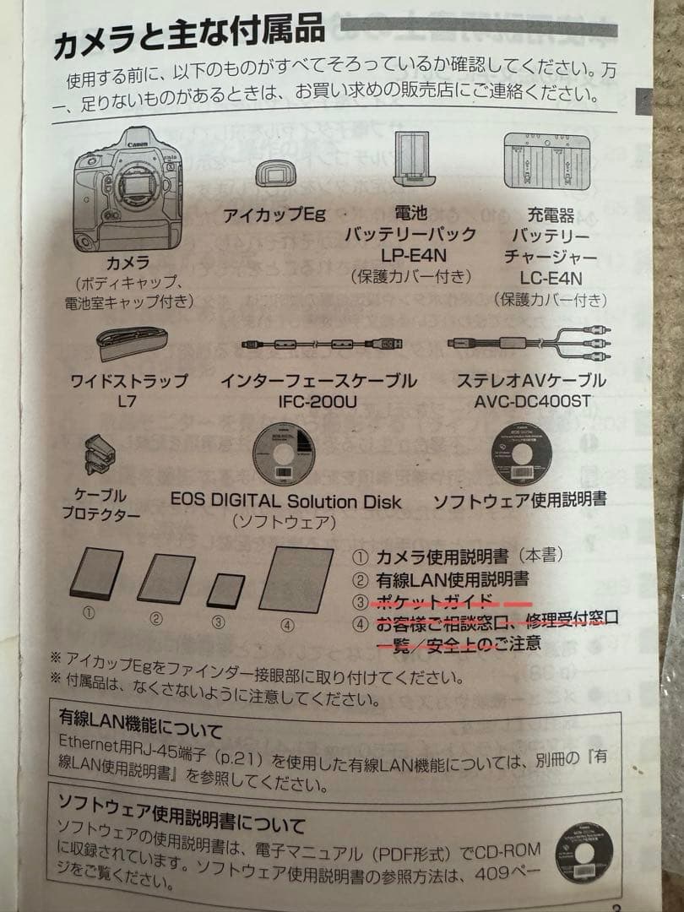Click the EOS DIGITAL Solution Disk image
(286, 454)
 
